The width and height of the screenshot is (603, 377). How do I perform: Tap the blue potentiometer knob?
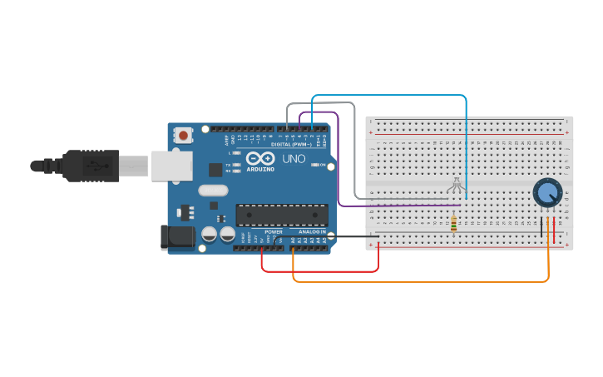coord(546,193)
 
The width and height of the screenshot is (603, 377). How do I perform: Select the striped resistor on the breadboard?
coord(453,224)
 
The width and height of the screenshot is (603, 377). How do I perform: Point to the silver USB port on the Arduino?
coord(171,166)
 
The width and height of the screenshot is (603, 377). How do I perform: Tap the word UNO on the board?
coord(294,158)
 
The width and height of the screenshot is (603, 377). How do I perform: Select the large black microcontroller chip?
coord(281,215)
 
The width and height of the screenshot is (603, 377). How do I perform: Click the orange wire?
coord(416,281)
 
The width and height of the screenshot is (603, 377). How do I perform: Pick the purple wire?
coord(399,205)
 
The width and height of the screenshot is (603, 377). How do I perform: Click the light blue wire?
coord(391,96)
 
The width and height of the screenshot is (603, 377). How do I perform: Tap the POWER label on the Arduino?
coord(274,231)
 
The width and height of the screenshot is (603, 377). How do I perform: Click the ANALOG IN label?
coord(312,231)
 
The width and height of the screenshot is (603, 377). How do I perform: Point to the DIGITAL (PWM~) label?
coord(286,145)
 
